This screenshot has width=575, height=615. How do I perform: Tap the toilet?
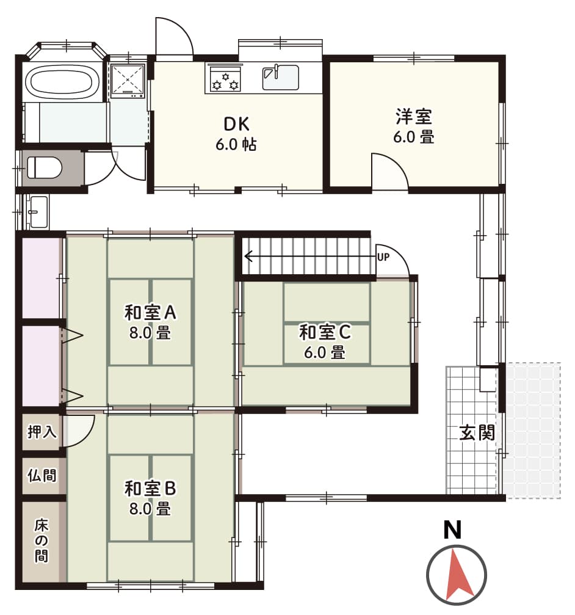[45, 167]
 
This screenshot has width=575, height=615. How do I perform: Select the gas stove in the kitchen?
[225, 79]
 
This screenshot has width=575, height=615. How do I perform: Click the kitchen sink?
[280, 77]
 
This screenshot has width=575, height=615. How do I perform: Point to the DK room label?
[236, 124]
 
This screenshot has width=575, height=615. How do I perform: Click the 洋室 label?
[413, 117]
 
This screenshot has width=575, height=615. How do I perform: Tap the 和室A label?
[150, 312]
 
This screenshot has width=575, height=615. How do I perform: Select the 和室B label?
[150, 489]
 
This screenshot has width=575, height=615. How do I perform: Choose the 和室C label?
[325, 332]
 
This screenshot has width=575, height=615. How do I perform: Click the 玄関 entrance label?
[477, 432]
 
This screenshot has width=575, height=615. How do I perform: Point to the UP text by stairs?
[383, 257]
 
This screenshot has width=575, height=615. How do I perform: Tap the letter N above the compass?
[452, 529]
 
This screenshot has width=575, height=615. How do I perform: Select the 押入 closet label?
[42, 432]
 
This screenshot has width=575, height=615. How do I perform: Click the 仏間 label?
[42, 475]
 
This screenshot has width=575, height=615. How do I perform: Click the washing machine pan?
[128, 81]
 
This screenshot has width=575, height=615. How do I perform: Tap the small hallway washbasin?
[38, 212]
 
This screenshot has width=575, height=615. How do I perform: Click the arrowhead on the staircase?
[248, 257]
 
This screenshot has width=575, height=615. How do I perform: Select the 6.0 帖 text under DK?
[236, 145]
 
